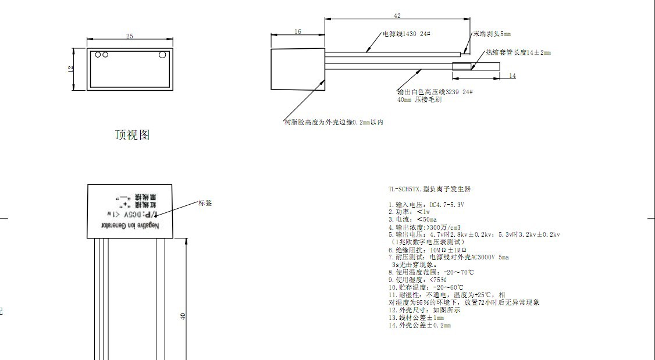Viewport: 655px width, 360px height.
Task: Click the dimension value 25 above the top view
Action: click(129, 36)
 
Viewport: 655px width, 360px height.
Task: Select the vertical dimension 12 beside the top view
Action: click(71, 69)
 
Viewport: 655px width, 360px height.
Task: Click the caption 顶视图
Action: click(132, 135)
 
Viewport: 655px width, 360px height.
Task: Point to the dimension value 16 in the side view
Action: click(298, 31)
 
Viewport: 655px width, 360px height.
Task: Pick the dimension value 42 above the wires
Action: click(397, 16)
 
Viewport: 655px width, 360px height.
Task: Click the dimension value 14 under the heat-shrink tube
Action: click(512, 76)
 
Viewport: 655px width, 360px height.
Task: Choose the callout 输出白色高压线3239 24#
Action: click(435, 92)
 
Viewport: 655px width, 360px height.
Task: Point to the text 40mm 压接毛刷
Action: click(419, 100)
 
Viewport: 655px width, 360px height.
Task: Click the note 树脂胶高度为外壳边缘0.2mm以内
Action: click(333, 122)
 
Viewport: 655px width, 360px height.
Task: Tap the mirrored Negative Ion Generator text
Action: click(131, 226)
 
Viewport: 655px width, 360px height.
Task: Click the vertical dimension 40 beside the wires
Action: click(183, 316)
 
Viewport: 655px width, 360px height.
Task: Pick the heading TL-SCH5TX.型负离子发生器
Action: click(429, 189)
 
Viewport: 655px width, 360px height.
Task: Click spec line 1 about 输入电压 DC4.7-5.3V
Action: click(426, 205)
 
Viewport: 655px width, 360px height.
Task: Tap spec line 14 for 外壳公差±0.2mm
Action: click(419, 325)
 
